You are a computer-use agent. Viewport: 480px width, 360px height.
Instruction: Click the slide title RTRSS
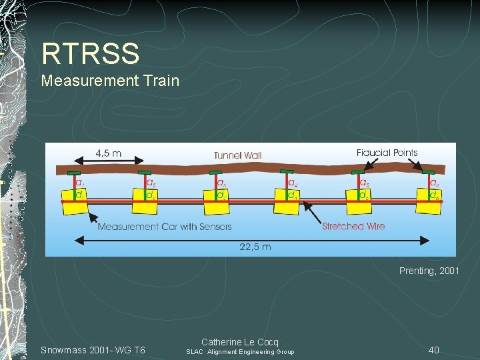pyautogui.click(x=90, y=54)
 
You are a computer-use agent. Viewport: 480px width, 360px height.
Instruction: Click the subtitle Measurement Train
pyautogui.click(x=110, y=81)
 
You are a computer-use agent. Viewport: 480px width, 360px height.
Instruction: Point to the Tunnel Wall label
pyautogui.click(x=237, y=155)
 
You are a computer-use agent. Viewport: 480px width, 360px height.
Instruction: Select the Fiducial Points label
pyautogui.click(x=387, y=153)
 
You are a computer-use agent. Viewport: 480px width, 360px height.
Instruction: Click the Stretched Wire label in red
pyautogui.click(x=353, y=226)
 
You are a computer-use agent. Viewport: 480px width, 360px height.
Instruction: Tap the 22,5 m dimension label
pyautogui.click(x=255, y=247)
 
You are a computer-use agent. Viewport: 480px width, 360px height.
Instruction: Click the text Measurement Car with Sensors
pyautogui.click(x=165, y=227)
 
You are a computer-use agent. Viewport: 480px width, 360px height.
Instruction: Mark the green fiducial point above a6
pyautogui.click(x=427, y=172)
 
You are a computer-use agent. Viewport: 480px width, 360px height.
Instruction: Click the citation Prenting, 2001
pyautogui.click(x=429, y=271)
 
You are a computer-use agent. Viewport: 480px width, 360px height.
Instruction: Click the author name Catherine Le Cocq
pyautogui.click(x=240, y=342)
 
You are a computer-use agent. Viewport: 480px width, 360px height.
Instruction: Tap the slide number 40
pyautogui.click(x=434, y=350)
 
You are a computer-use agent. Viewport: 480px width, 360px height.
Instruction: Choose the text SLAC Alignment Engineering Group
pyautogui.click(x=240, y=352)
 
